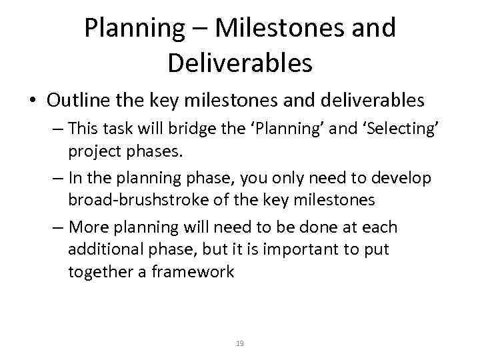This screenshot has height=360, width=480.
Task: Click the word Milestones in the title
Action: pos(273,28)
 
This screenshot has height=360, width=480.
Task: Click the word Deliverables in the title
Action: pos(240,63)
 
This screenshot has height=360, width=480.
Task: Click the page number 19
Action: pos(240,343)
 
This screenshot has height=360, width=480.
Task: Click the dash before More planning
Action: pos(59,227)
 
